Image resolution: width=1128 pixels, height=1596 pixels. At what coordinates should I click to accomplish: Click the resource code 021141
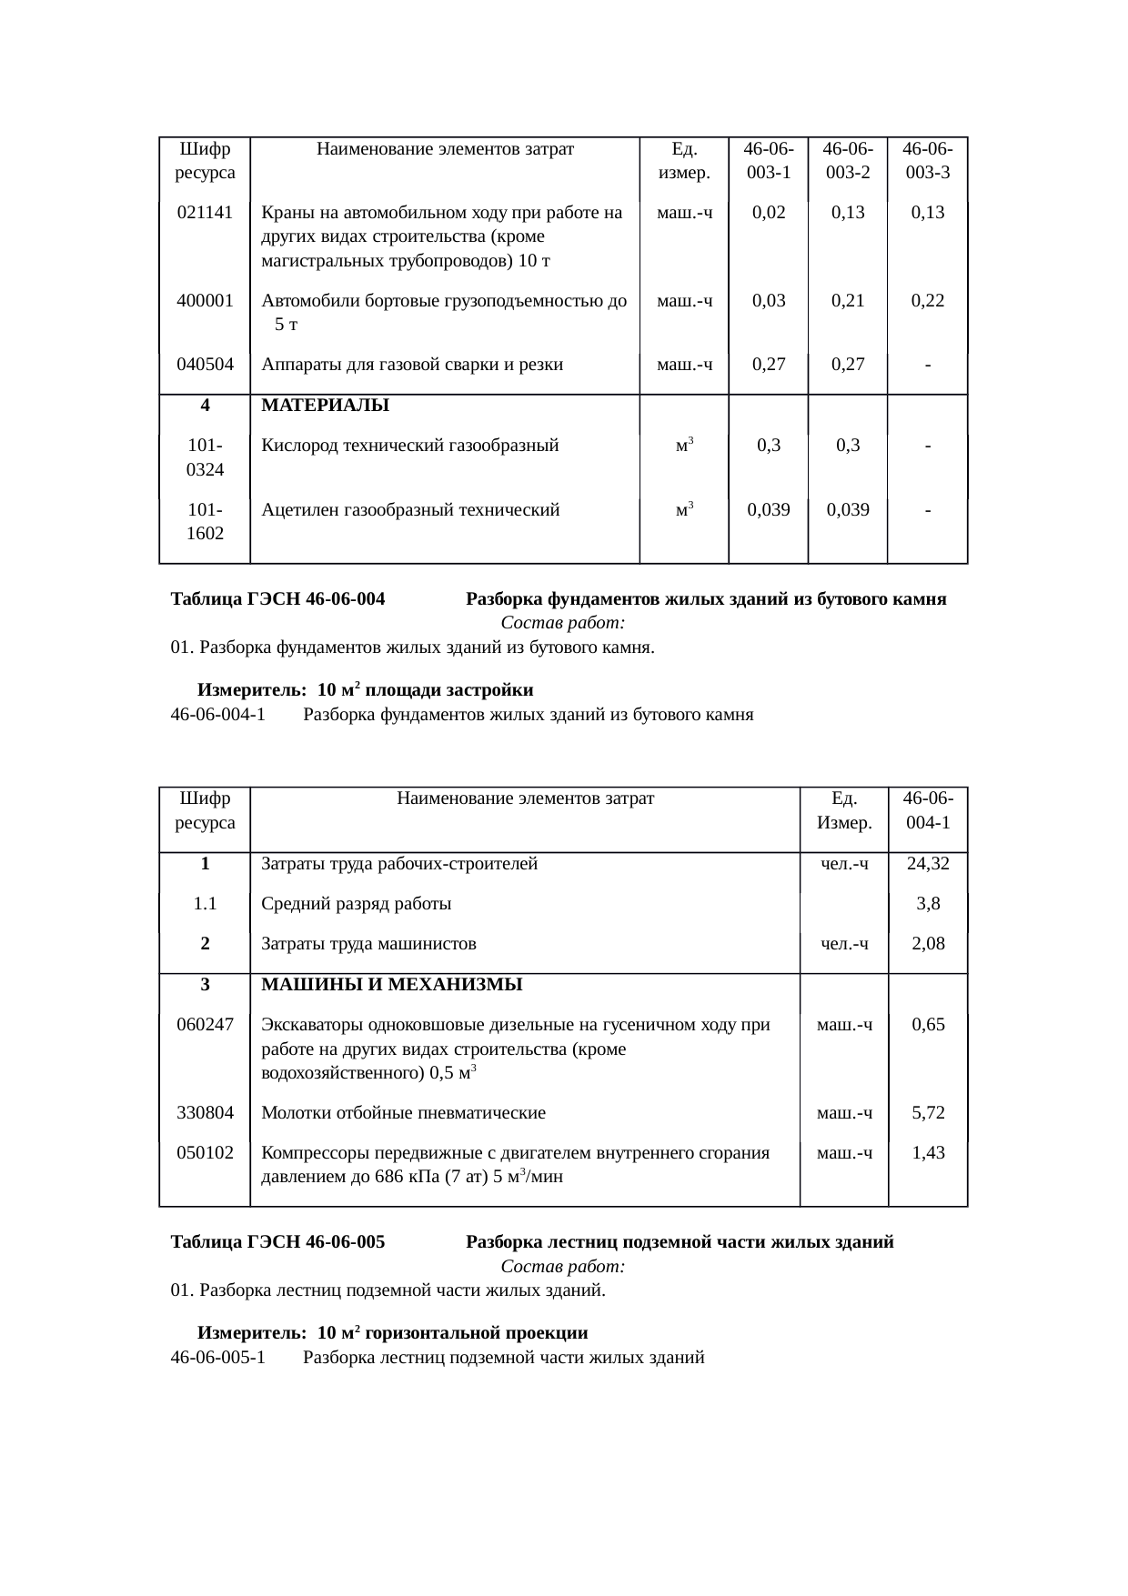click(205, 213)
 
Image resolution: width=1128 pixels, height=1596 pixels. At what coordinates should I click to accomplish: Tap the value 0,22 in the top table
click(927, 301)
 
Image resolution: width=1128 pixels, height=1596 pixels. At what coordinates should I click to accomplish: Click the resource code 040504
click(205, 365)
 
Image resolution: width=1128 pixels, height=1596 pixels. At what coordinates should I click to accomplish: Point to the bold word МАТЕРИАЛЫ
click(325, 406)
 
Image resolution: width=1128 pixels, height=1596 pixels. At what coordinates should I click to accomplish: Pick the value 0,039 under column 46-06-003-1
click(768, 510)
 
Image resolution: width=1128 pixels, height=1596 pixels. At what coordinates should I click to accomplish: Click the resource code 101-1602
click(205, 522)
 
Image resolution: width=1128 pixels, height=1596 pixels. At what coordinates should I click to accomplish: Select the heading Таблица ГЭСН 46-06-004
click(277, 599)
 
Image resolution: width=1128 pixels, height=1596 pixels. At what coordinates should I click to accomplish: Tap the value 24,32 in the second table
click(928, 864)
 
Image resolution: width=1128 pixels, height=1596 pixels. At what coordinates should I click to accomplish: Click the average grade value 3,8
click(928, 904)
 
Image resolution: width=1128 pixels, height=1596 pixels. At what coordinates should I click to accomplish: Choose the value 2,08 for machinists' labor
click(928, 944)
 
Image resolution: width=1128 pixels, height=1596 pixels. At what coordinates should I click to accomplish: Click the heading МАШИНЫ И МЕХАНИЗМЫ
click(391, 985)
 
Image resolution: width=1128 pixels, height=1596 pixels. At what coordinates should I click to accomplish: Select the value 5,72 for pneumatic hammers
click(928, 1113)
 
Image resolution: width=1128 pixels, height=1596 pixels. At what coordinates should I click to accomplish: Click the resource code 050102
click(205, 1153)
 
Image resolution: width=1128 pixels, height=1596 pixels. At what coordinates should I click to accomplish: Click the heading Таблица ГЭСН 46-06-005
click(277, 1242)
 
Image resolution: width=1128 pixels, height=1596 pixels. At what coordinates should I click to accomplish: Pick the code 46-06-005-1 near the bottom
click(217, 1358)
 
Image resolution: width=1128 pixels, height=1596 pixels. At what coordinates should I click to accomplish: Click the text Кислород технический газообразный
click(409, 447)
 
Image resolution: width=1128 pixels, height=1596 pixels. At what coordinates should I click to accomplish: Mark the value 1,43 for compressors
click(928, 1153)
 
